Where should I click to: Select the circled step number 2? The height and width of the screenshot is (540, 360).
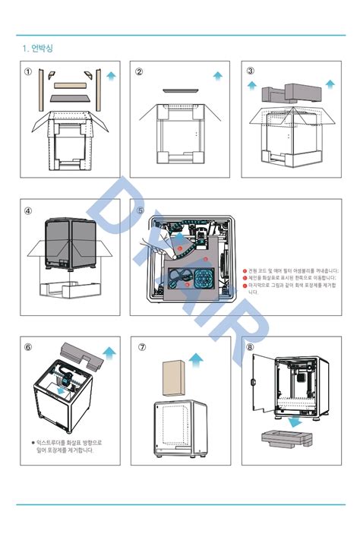pos(140,72)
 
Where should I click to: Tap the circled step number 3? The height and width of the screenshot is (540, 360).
pos(251,72)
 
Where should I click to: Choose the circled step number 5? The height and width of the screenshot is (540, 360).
pos(140,210)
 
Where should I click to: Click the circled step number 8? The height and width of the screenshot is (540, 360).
pos(251,347)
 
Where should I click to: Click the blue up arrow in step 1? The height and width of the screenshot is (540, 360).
pos(112,75)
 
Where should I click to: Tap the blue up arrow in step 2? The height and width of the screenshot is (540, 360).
pos(218,76)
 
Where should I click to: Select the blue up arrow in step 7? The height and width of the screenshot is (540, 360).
pos(197,358)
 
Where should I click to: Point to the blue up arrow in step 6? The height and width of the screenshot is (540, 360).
pos(109,351)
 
